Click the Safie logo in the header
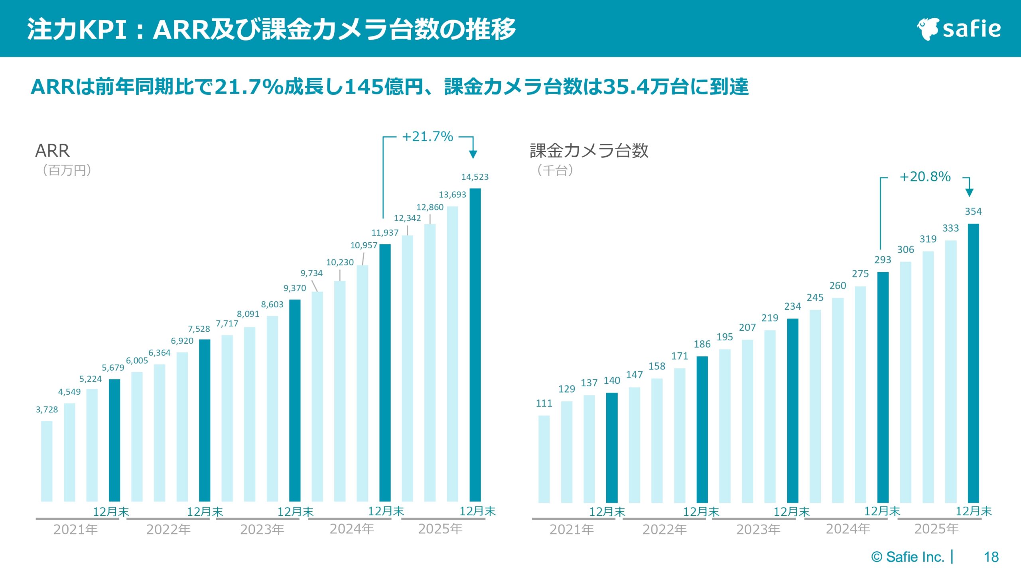point(959,29)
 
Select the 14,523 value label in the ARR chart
point(475,177)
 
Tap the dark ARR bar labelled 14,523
point(475,345)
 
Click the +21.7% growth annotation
point(427,137)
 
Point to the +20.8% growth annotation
point(925,177)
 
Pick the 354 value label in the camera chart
point(973,211)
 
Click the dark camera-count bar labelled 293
point(883,387)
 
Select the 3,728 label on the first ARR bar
point(47,409)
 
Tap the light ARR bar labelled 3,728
point(47,461)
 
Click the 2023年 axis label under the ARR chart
point(262,529)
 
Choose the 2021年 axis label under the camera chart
point(572,529)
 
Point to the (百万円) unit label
point(67,170)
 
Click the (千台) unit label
point(555,170)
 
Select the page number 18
point(991,557)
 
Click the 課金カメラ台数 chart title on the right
point(589,151)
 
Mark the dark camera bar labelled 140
point(611,447)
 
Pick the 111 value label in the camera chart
point(544,403)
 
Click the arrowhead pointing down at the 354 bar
point(969,193)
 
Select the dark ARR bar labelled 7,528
point(205,420)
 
